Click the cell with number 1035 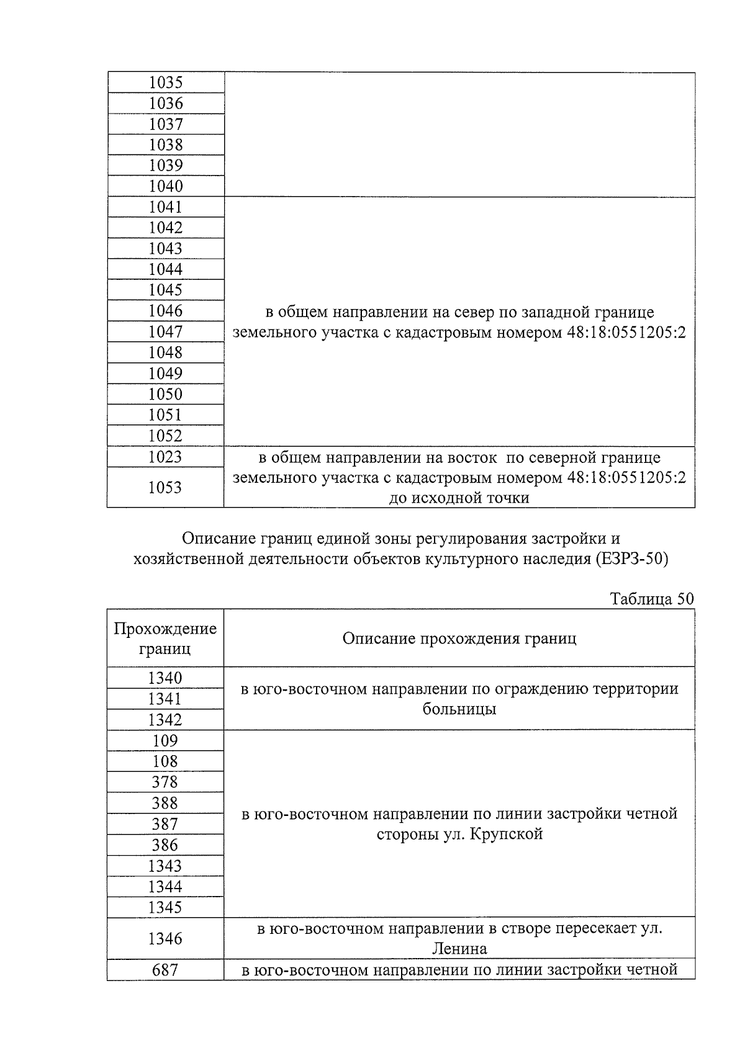click(x=165, y=83)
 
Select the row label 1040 click(x=165, y=186)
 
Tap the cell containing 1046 click(x=165, y=311)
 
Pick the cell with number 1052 click(x=165, y=436)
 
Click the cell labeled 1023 click(x=165, y=457)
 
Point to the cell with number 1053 click(x=165, y=488)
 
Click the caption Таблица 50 click(x=651, y=599)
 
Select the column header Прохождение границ click(x=165, y=639)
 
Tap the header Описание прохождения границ click(x=459, y=639)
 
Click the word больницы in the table click(x=459, y=709)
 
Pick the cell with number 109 click(x=165, y=741)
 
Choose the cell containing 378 click(x=165, y=782)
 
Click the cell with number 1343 click(x=165, y=866)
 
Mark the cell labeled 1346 click(x=165, y=939)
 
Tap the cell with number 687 click(x=165, y=970)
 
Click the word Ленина click(x=459, y=949)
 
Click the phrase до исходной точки click(x=459, y=498)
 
